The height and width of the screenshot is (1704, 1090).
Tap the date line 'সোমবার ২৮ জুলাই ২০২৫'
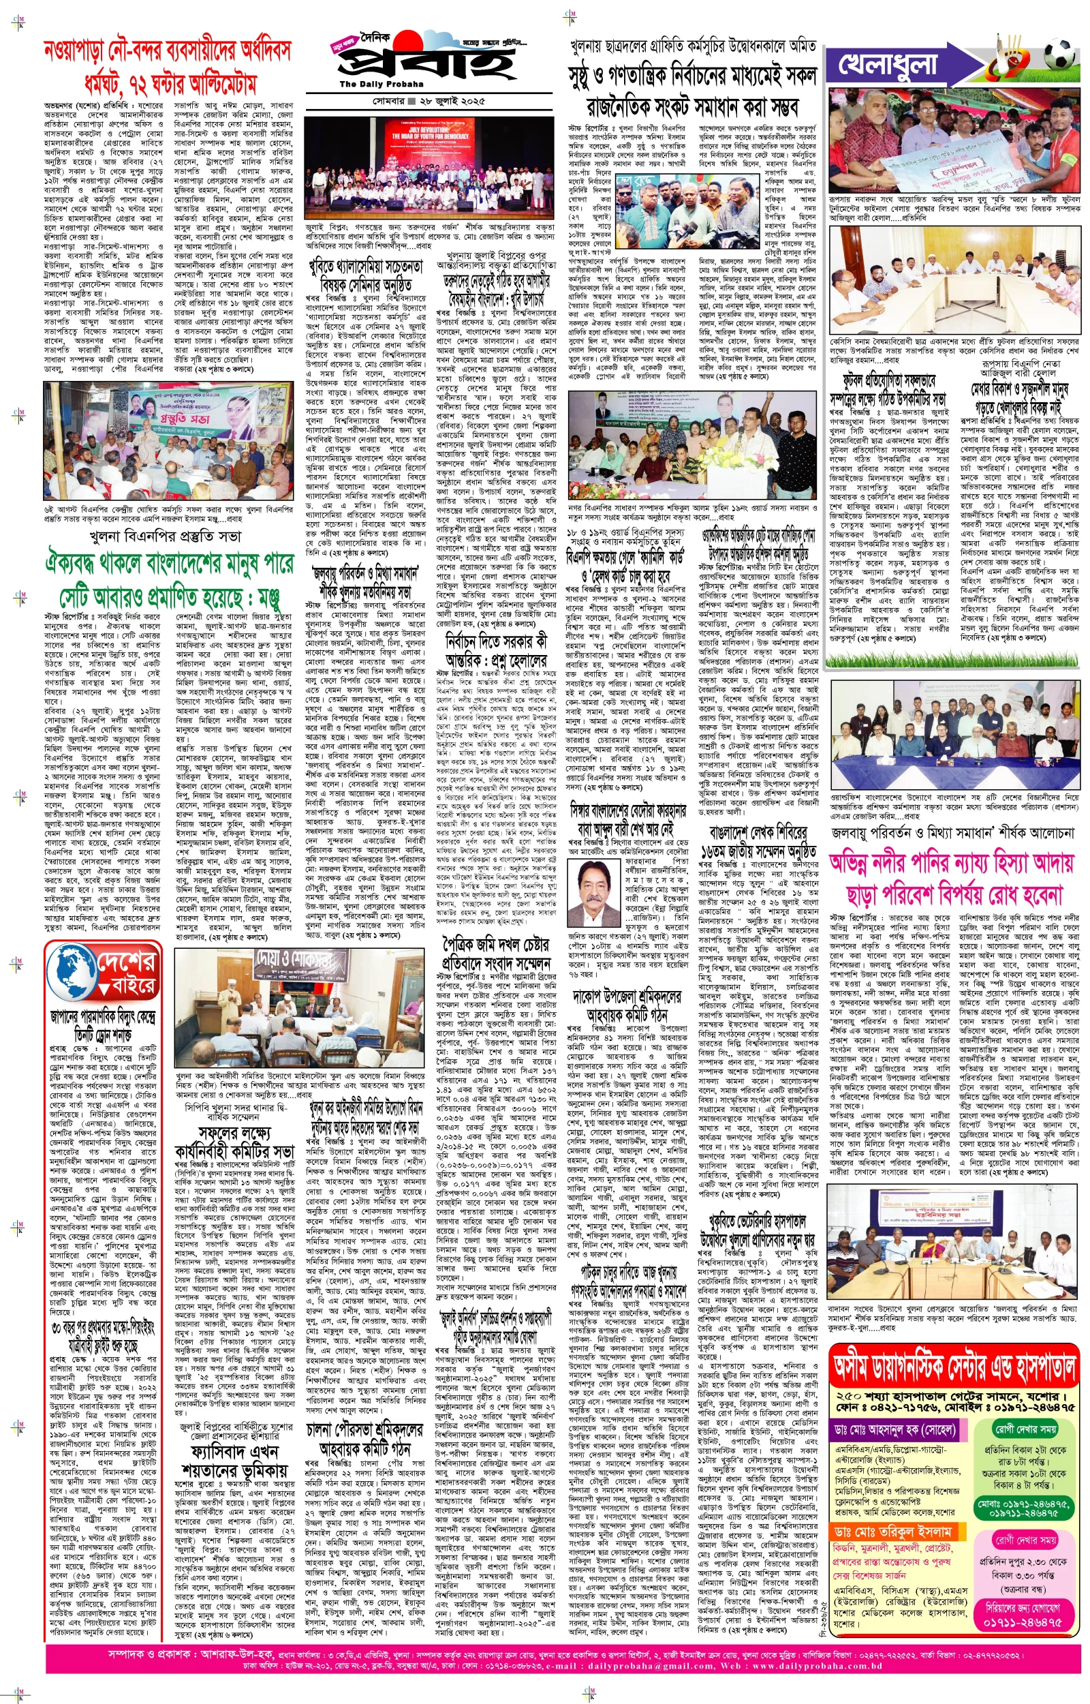pos(429,102)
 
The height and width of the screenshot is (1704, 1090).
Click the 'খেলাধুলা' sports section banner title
pos(889,65)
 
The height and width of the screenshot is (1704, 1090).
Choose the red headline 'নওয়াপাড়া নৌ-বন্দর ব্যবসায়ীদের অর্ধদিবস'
pos(167,51)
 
